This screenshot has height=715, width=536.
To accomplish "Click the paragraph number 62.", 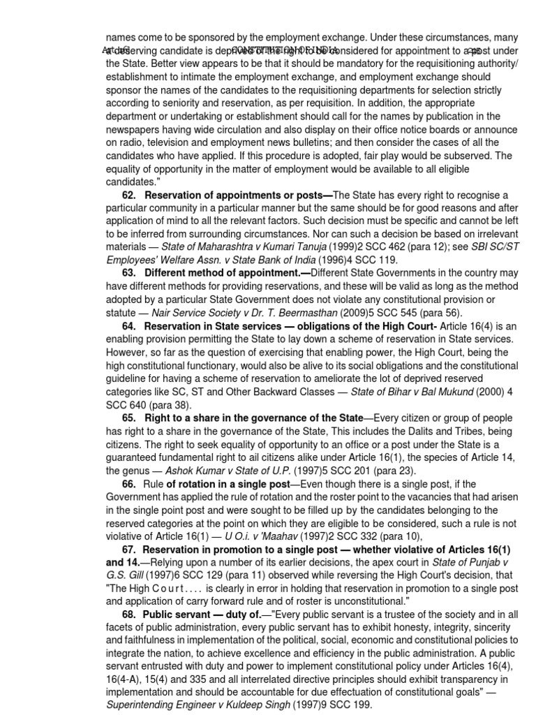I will (128, 194).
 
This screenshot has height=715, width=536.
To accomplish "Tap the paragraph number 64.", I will (128, 326).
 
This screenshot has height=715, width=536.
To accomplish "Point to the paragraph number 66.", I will (128, 484).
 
